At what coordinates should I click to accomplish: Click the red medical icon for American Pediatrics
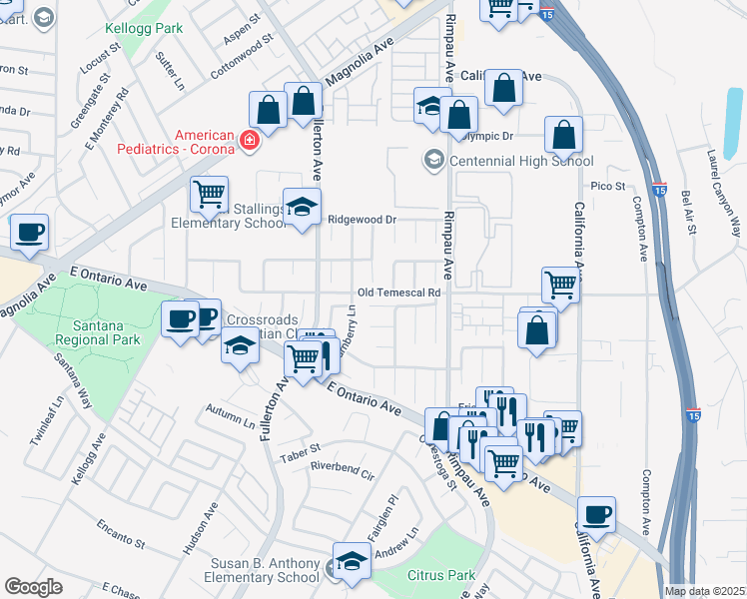[x=249, y=142]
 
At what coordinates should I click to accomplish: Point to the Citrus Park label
[x=441, y=575]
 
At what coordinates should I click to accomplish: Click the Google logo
[x=33, y=587]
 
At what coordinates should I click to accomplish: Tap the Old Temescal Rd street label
[x=399, y=293]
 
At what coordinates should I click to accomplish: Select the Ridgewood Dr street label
[x=363, y=219]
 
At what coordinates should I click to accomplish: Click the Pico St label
[x=607, y=186]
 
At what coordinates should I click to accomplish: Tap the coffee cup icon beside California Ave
[x=596, y=515]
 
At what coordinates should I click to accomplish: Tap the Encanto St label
[x=121, y=535]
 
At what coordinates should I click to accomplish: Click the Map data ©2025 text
[x=705, y=591]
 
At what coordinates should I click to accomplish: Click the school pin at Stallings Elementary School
[x=302, y=208]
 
